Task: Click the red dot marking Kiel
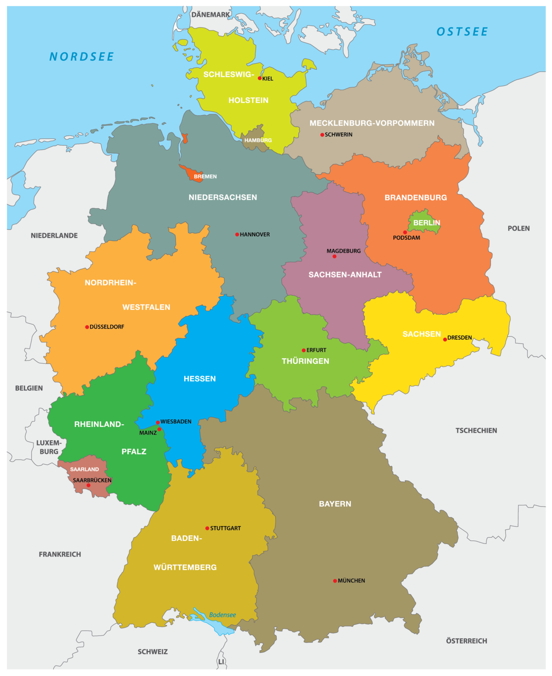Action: click(x=259, y=78)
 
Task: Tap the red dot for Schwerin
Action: click(x=322, y=135)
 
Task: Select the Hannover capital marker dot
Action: click(x=237, y=235)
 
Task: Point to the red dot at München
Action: click(x=335, y=581)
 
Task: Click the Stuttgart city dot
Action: click(x=207, y=528)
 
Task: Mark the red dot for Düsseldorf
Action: click(x=87, y=327)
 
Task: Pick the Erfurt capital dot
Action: click(x=304, y=350)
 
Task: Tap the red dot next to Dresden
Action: click(x=445, y=339)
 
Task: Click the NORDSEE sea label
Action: click(x=82, y=57)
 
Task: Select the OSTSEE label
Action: click(x=462, y=32)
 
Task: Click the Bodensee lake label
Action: click(x=222, y=615)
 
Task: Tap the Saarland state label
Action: click(x=85, y=469)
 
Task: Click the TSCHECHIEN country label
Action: click(x=476, y=430)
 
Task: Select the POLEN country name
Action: click(x=519, y=228)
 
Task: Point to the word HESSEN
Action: click(x=200, y=378)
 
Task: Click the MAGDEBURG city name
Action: click(x=344, y=251)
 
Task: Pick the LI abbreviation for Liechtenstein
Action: click(x=221, y=661)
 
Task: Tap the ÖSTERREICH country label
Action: click(x=467, y=641)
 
